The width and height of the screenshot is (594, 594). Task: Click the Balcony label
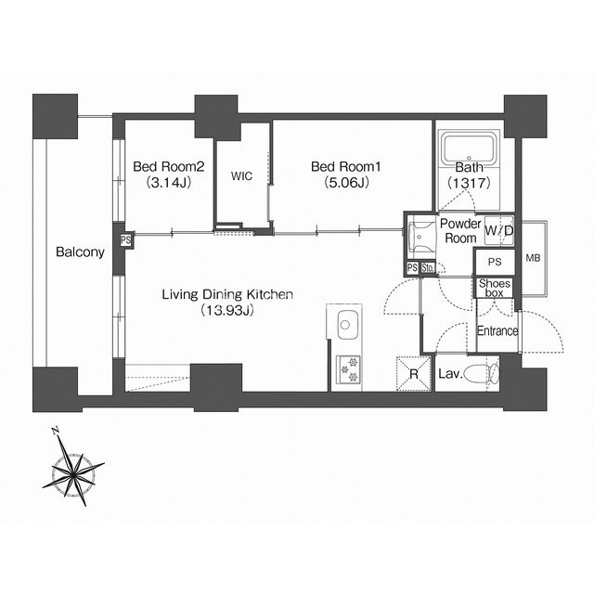coord(80,252)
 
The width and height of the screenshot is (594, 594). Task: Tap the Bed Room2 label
coord(169,167)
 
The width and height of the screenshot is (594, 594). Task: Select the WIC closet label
coord(241,176)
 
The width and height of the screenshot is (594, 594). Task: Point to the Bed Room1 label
coord(346,167)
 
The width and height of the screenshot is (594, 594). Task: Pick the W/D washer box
coord(499,230)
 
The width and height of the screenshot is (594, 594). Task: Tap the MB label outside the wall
coord(533,258)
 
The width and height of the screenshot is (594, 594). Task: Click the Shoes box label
coord(495,288)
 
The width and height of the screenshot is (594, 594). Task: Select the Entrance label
coord(497,330)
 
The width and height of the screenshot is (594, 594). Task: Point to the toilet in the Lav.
coord(482,374)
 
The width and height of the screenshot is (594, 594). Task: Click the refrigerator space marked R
coord(414,374)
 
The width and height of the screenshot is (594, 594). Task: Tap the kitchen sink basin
coord(345,325)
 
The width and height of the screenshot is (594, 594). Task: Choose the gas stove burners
coord(349,369)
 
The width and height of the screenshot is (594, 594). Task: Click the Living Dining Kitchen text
coord(227,294)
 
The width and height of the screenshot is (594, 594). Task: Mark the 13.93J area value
coord(227,311)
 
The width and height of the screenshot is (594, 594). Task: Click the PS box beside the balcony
coord(126,239)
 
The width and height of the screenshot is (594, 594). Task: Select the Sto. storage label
coord(428,268)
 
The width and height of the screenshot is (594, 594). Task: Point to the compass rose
coord(73,471)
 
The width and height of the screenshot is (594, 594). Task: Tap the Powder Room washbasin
coord(420,238)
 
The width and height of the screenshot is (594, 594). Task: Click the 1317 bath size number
coord(470,184)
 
